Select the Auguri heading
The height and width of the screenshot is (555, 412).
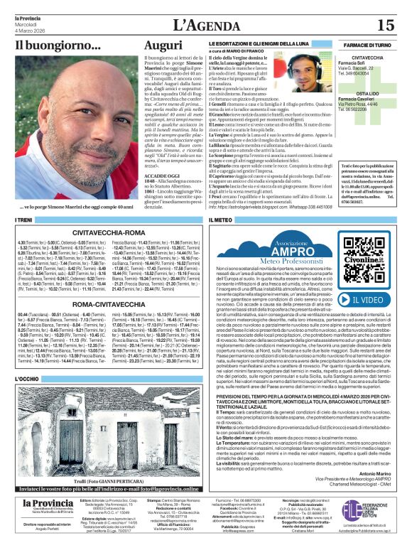coord(163,45)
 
